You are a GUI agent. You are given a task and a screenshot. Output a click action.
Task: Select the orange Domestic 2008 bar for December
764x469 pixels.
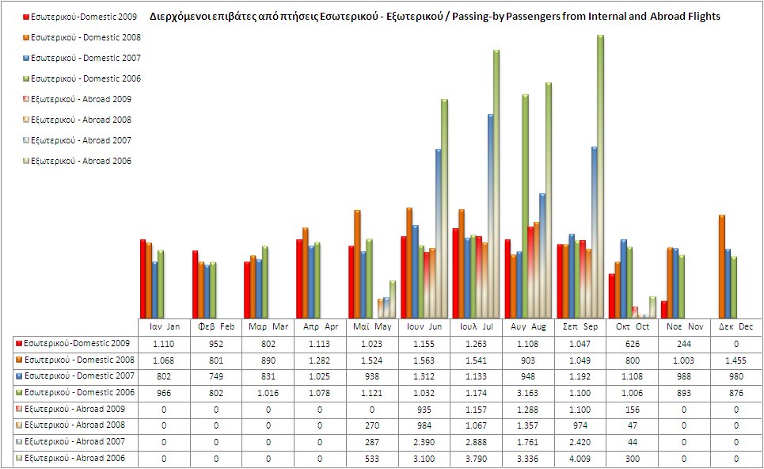[x=722, y=265]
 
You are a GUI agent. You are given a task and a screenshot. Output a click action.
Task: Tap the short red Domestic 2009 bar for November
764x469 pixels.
[x=663, y=309]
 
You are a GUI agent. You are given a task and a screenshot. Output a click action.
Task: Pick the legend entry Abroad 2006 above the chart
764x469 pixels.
[x=76, y=161]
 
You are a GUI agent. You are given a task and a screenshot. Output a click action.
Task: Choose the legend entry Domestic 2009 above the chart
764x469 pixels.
[x=76, y=17]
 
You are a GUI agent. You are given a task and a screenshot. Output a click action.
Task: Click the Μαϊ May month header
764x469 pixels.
[x=372, y=326]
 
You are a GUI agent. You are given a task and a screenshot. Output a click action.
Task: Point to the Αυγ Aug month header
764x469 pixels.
[x=528, y=326]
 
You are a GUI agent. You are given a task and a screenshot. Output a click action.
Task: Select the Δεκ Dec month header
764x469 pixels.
[x=735, y=326]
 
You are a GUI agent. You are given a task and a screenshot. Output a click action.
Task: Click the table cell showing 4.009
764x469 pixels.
[x=580, y=458]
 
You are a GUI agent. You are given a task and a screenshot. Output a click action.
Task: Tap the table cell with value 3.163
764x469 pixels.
[x=528, y=392]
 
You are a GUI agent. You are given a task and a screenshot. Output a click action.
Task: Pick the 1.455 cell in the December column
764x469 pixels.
[x=735, y=360]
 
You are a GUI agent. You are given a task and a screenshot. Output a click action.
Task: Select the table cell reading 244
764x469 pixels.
[x=683, y=343]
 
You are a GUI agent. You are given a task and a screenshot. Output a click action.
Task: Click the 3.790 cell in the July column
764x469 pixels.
[x=476, y=458]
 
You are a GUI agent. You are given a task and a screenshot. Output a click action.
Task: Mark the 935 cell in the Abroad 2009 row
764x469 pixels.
[x=424, y=409]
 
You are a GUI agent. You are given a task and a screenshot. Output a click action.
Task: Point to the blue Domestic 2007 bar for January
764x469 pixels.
[x=155, y=289]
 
